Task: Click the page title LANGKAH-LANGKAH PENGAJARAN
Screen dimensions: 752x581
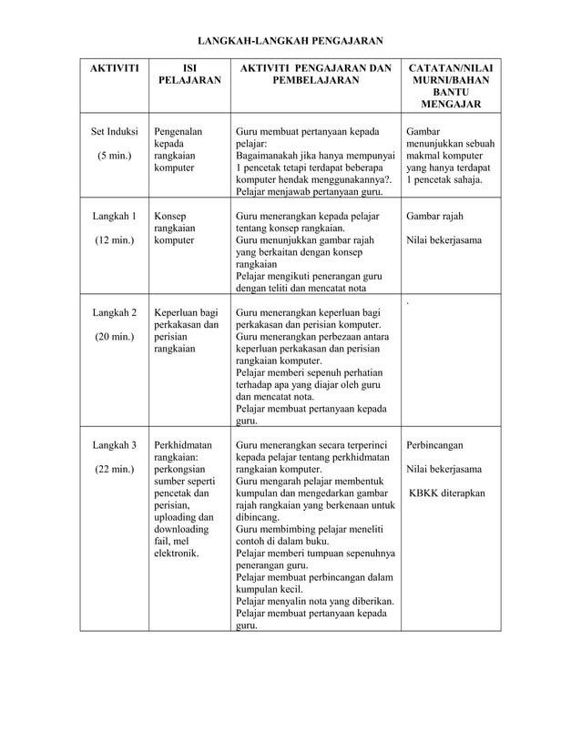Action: coord(290,41)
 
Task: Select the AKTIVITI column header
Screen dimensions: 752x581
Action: coord(114,68)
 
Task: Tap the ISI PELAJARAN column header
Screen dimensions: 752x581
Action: coord(189,75)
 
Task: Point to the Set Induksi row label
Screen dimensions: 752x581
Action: coord(114,131)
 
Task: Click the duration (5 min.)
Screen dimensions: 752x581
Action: coord(114,156)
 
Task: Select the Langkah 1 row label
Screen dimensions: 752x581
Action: coord(114,217)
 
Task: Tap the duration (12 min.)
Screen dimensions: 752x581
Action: coord(114,241)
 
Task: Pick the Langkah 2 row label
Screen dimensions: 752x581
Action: coord(114,313)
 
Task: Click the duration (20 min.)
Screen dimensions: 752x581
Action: coord(114,338)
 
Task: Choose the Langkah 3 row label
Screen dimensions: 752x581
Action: coord(114,445)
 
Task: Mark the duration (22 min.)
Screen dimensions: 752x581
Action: coord(114,470)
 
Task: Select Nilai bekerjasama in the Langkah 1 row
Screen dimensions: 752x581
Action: coord(443,241)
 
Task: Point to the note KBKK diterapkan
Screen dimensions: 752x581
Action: coord(446,494)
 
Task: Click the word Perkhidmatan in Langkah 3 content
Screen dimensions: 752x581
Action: coord(183,445)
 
